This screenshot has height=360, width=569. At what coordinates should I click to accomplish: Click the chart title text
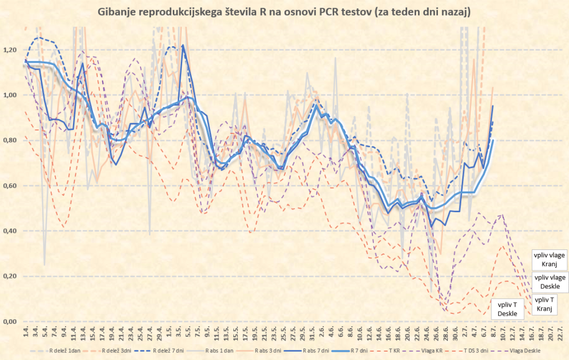(x=284, y=12)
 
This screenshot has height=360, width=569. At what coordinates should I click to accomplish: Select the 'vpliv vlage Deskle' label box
(x=550, y=282)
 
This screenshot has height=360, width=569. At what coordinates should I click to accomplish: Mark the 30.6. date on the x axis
(x=455, y=335)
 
